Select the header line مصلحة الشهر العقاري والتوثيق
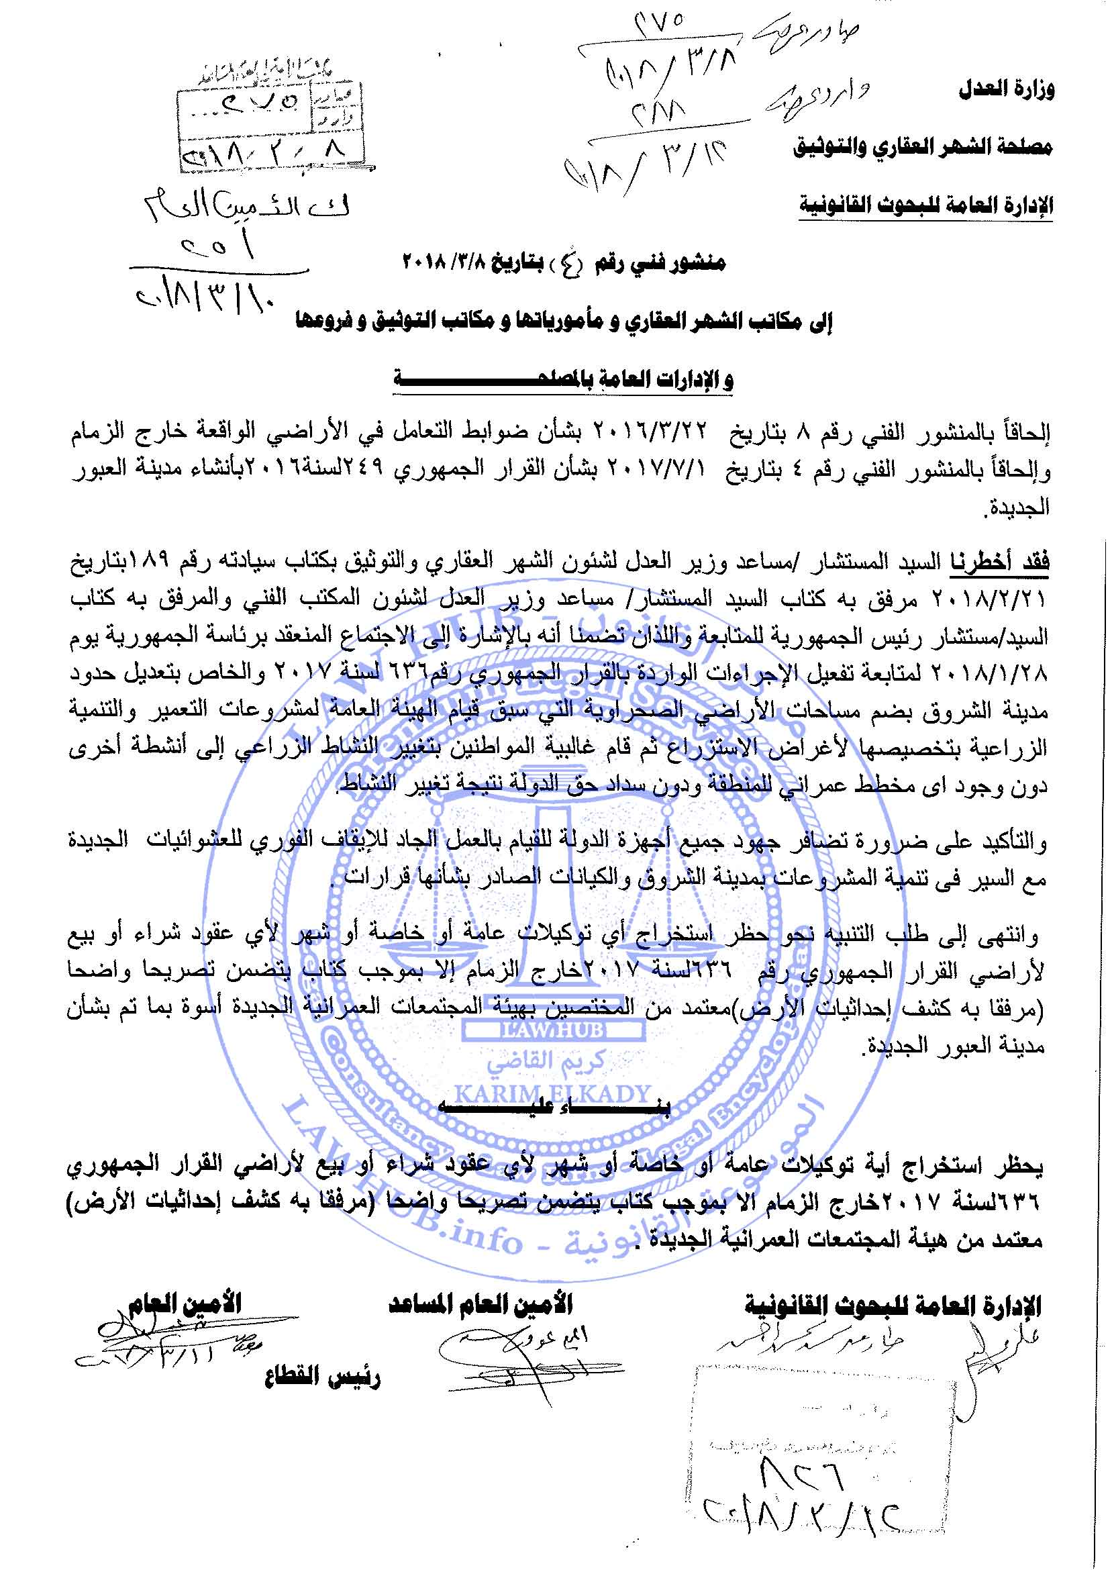922,147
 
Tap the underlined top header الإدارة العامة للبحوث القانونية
925,205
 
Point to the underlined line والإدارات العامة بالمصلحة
563,379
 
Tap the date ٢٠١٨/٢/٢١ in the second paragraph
1001,600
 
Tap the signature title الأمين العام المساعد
481,1305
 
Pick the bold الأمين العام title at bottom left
185,1303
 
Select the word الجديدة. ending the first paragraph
1015,507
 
